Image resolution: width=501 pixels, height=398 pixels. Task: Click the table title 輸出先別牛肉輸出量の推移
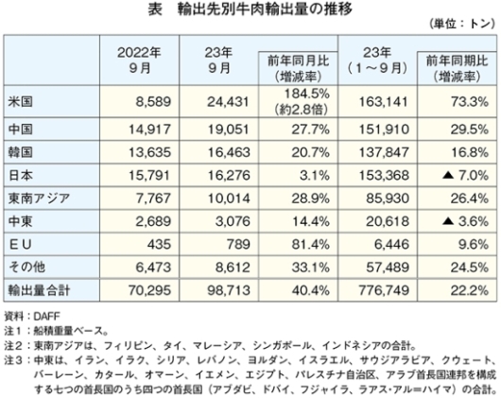point(265,9)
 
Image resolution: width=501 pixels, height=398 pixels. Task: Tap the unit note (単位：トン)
point(462,25)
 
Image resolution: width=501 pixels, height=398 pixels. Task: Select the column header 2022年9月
point(139,61)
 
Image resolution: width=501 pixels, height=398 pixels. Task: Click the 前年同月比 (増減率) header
point(298,69)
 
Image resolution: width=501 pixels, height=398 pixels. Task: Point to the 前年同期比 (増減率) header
point(457,69)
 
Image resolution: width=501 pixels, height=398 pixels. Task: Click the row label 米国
point(21,102)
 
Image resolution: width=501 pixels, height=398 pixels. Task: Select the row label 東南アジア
point(39,199)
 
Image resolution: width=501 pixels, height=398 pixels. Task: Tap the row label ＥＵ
point(21,245)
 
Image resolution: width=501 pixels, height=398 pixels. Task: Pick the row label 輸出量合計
point(39,290)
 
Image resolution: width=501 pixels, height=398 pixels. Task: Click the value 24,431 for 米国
point(228,102)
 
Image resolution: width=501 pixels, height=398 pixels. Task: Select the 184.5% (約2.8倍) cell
point(302,101)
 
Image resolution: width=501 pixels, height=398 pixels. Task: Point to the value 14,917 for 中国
point(150,130)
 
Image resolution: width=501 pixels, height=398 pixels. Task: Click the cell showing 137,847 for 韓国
point(384,152)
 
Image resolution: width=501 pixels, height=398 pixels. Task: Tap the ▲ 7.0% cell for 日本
point(465,175)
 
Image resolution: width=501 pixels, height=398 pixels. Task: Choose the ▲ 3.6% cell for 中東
point(465,221)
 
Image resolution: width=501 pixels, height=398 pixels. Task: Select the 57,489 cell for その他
point(388,268)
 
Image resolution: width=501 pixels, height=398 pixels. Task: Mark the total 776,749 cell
point(384,290)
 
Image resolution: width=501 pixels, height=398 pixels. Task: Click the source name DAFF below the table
point(46,317)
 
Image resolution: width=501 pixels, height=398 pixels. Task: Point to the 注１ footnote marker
point(13,331)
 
